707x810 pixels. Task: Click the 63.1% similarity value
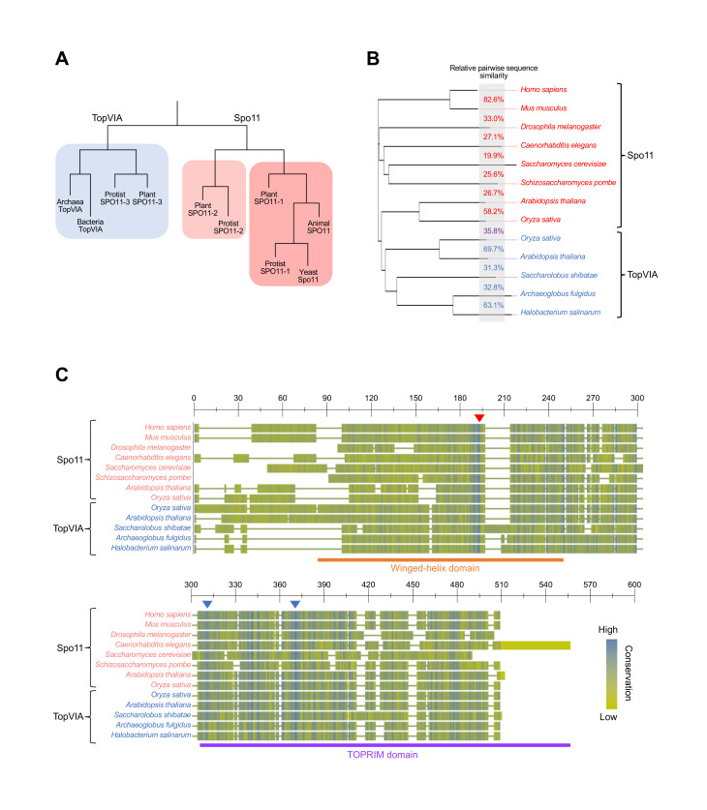tap(492, 305)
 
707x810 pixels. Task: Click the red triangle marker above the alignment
tap(478, 417)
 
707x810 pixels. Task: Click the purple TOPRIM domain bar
tap(384, 744)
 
